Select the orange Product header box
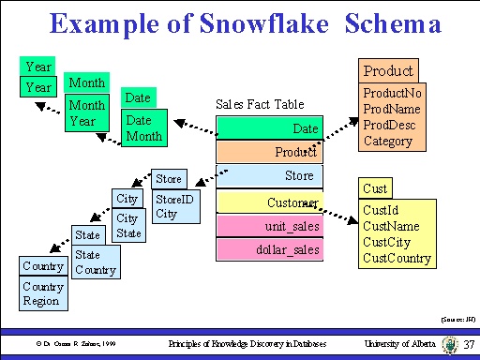[388, 71]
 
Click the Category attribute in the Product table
[388, 141]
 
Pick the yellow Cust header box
[375, 188]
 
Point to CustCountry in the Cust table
[397, 259]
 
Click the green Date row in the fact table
[270, 128]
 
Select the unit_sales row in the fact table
[270, 226]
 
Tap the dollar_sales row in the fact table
[270, 249]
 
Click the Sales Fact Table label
[260, 104]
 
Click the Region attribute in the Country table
[42, 301]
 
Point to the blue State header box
[87, 234]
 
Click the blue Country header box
[43, 266]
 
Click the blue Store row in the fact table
[270, 176]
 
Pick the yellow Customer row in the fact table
[270, 202]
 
